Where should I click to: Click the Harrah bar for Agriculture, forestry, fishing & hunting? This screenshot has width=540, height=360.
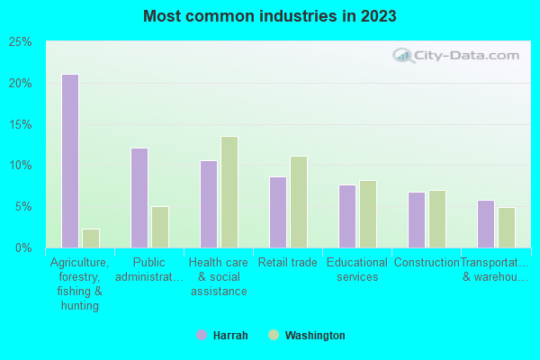pos(70,161)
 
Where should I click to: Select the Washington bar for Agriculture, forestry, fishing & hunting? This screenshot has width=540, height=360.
pos(91,238)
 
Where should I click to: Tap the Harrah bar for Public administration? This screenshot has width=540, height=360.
pos(139,198)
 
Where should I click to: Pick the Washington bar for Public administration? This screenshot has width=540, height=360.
pos(160,227)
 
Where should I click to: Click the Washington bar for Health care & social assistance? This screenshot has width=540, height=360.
pos(229,192)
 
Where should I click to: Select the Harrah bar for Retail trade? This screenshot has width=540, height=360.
pos(278,212)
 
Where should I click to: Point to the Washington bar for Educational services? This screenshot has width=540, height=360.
pos(368,214)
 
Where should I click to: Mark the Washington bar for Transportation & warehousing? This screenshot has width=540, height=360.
pos(507,228)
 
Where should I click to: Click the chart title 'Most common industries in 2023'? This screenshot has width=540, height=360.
pos(270,16)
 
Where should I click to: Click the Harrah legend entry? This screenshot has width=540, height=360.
pos(223,336)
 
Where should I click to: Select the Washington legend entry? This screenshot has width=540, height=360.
pos(306,336)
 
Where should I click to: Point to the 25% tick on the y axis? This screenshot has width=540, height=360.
pos(20,42)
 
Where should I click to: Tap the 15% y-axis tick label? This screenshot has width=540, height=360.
pos(20,124)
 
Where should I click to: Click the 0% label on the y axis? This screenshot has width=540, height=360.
pos(23,247)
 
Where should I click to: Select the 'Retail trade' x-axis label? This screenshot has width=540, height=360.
pos(288,263)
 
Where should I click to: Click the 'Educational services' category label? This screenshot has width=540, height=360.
pos(357,270)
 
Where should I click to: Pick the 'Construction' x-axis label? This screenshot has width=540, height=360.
pos(427,263)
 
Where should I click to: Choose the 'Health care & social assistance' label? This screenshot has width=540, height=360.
pos(219,276)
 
